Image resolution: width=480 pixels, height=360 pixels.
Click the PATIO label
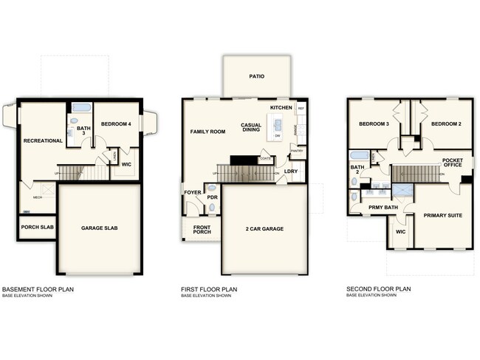point(256,76)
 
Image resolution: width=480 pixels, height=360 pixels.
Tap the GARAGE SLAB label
point(101,228)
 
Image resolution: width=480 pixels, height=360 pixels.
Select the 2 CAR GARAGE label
point(264,228)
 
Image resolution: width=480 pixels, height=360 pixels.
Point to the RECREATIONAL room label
point(43,140)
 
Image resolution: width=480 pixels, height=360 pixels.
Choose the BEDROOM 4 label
point(116,124)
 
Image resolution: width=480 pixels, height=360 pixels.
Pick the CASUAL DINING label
point(253,128)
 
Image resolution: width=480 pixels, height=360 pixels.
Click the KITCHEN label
point(281,108)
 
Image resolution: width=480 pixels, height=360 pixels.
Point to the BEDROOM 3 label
point(374,124)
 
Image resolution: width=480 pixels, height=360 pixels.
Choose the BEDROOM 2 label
point(446,124)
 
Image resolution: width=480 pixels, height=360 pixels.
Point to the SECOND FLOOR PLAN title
point(378,289)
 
